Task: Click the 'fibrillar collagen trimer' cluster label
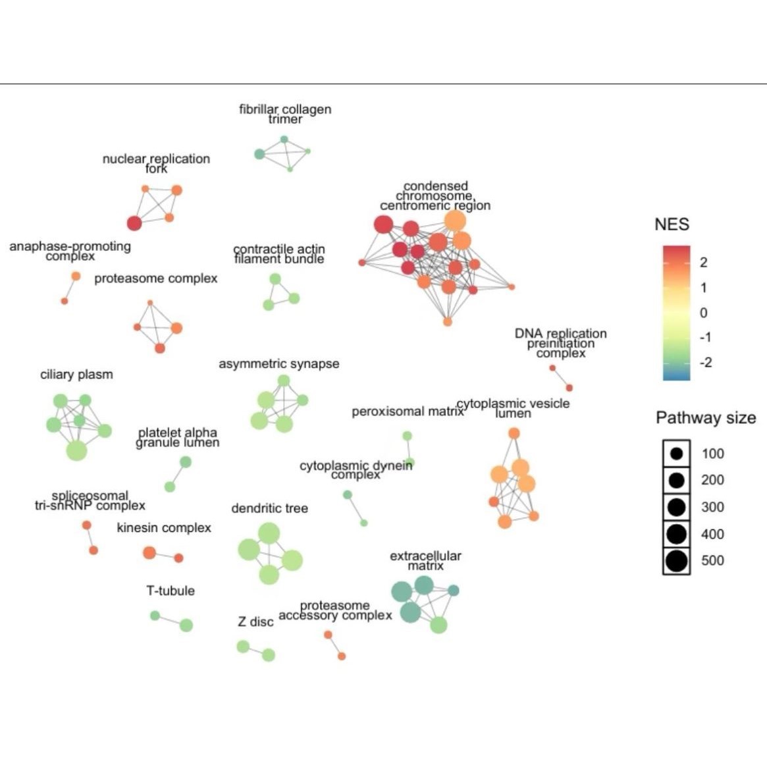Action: point(285,114)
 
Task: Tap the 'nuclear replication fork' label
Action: point(156,163)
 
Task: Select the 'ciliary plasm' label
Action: point(76,375)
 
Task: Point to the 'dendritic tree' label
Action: point(269,508)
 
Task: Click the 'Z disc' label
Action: point(255,622)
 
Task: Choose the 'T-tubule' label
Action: point(171,591)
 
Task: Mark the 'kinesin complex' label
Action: point(164,528)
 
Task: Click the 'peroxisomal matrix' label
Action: point(407,412)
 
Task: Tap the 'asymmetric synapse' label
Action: point(279,363)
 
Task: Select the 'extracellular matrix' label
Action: point(425,561)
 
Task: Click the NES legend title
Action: point(672,225)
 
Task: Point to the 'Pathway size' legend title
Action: point(706,418)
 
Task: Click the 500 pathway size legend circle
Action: point(676,561)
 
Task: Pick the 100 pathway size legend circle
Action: point(676,454)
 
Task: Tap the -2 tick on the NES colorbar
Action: point(705,362)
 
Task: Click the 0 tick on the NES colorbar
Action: point(704,312)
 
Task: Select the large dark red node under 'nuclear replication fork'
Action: point(134,223)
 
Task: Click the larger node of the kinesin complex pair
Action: point(149,552)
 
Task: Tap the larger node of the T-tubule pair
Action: point(186,625)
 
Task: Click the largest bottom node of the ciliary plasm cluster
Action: point(76,450)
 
